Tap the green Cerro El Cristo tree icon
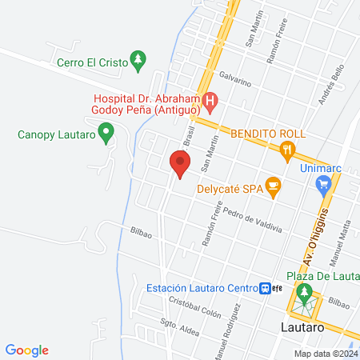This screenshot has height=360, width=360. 138,59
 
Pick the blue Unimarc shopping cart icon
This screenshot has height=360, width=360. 323,185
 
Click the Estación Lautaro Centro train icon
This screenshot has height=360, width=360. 264,289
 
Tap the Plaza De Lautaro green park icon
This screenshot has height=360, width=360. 303,294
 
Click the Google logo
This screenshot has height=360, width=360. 27,350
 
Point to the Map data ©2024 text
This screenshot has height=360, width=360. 325,354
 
